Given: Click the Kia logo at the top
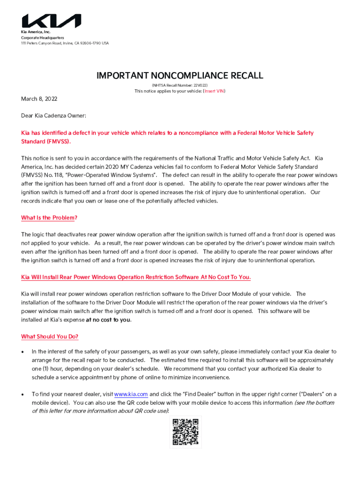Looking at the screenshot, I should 51,21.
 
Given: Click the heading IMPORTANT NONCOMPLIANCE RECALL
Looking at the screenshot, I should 180,76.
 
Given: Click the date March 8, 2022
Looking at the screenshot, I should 39,99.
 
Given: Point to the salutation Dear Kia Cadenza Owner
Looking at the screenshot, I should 53,115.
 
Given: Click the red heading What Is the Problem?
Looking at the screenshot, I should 49,218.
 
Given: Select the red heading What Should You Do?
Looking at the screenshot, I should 50,337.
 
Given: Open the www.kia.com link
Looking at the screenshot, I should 131,394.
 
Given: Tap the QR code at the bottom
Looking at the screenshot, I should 186,432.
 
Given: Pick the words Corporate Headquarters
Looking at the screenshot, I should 42,37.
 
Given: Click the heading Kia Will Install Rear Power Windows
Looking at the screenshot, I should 136,277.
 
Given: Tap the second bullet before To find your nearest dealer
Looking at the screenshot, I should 23,395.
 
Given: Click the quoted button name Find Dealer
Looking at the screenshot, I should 223,394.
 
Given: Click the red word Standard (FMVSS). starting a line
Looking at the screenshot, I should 47,141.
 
